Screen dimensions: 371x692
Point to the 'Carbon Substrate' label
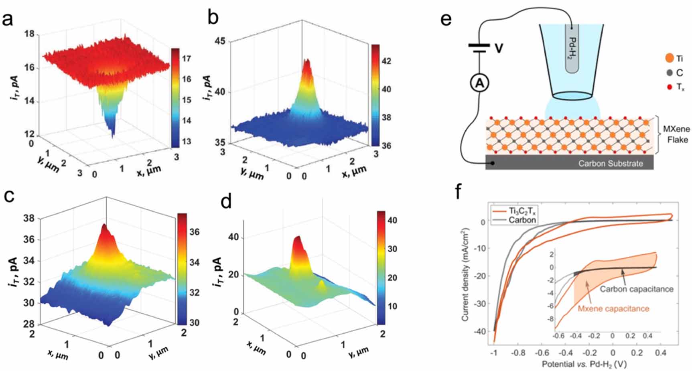(x=610, y=163)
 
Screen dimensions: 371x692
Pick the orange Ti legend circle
(x=669, y=59)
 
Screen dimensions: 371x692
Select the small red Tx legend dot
(x=669, y=87)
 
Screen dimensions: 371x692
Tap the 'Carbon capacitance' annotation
(x=636, y=289)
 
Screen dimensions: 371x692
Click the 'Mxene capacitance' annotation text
(x=613, y=308)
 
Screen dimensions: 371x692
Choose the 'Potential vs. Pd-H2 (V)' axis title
(x=584, y=364)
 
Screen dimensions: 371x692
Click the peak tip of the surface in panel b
(x=307, y=61)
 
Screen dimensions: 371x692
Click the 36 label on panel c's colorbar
(x=194, y=232)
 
